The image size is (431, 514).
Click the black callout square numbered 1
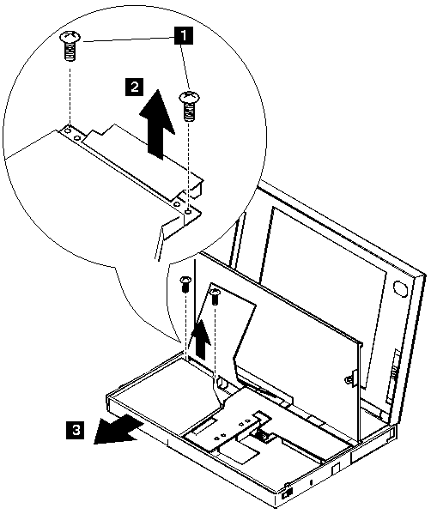tap(184, 35)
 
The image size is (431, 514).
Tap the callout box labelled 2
tap(134, 87)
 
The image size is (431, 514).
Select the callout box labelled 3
tap(76, 430)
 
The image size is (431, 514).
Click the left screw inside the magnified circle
tap(70, 45)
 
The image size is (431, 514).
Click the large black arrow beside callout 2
tap(157, 125)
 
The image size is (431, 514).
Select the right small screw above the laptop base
tap(215, 296)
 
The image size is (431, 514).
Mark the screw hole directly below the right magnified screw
tap(188, 212)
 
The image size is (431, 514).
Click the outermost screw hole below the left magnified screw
tap(68, 131)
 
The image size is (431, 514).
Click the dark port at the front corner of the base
tap(288, 494)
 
